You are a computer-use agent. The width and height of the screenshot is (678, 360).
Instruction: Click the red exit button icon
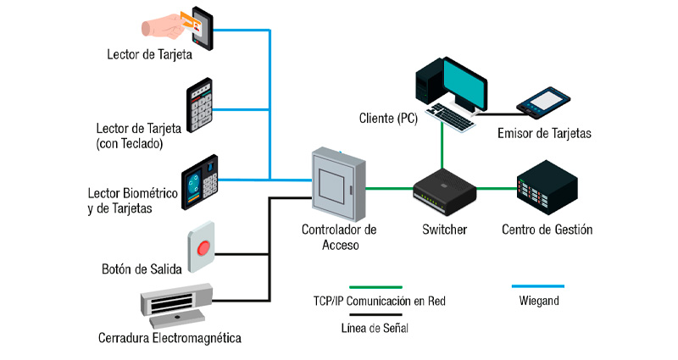click(x=202, y=247)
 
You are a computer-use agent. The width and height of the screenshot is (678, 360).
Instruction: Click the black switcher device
click(x=443, y=188)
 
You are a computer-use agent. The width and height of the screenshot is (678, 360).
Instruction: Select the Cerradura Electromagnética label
click(x=169, y=338)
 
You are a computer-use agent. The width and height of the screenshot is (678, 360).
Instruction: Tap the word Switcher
click(x=445, y=230)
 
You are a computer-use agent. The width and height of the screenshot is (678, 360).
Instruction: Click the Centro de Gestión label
click(x=547, y=230)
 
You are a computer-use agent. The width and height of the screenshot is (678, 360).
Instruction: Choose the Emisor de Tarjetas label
click(x=544, y=133)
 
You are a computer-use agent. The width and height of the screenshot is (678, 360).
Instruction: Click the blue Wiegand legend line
click(x=538, y=287)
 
